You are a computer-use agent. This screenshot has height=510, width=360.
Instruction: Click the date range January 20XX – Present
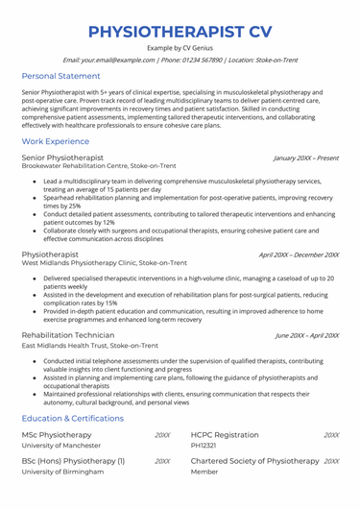point(305,158)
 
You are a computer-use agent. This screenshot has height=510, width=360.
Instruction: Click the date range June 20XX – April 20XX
point(306,335)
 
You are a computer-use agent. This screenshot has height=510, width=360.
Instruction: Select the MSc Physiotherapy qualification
point(60,435)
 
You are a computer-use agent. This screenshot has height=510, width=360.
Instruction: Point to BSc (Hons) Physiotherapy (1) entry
point(73,461)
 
